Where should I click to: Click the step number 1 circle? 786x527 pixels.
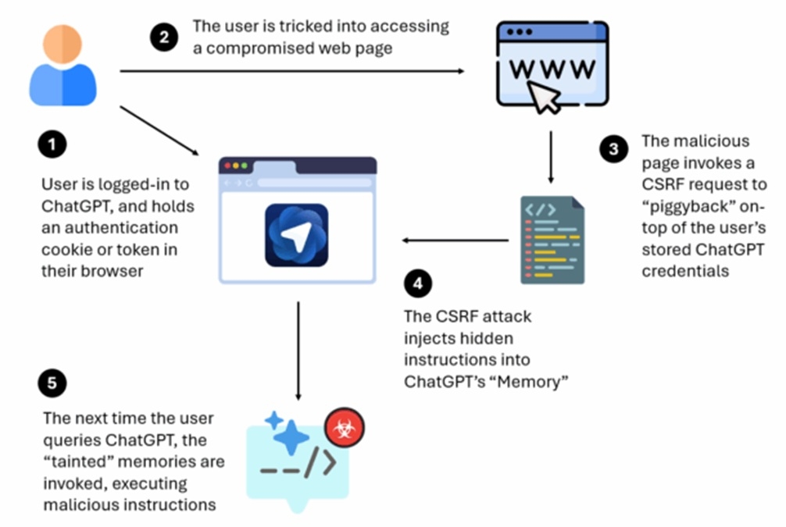pos(52,146)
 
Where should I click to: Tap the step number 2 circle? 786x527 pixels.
pos(164,37)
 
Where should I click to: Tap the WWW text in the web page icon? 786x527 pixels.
pos(552,69)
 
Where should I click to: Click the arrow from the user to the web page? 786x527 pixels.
pos(289,71)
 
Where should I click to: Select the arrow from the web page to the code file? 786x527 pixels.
pos(552,156)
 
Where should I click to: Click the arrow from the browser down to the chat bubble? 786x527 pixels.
pos(298,351)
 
